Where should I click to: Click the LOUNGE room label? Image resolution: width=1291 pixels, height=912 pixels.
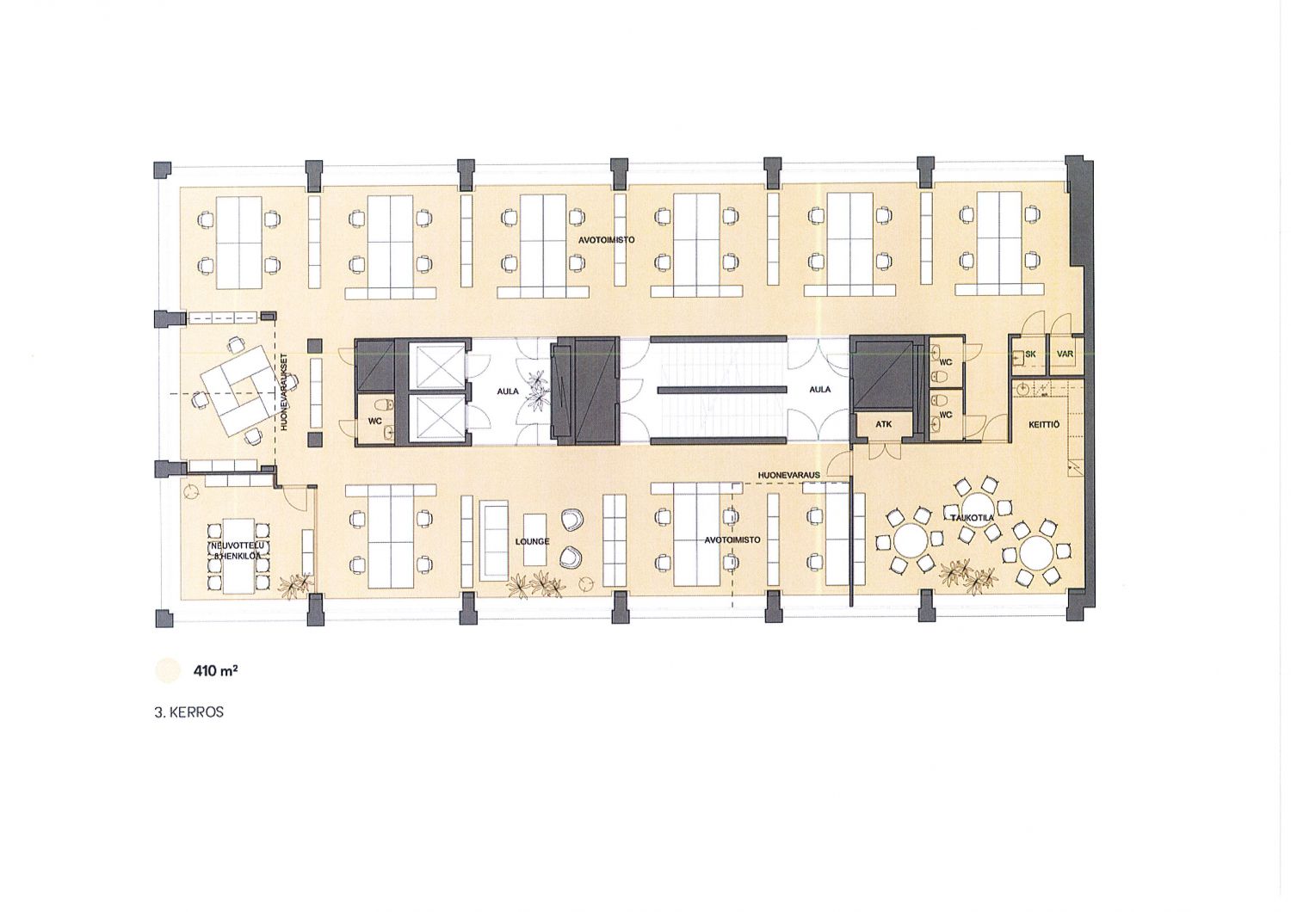pyautogui.click(x=533, y=541)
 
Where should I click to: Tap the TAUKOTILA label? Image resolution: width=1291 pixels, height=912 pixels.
pyautogui.click(x=973, y=518)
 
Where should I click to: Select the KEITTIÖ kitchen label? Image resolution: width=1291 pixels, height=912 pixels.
pyautogui.click(x=1044, y=425)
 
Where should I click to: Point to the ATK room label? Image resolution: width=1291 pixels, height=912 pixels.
pyautogui.click(x=884, y=424)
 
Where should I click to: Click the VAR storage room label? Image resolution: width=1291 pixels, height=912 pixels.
pyautogui.click(x=1066, y=354)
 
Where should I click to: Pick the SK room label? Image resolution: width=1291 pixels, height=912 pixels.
pyautogui.click(x=1030, y=354)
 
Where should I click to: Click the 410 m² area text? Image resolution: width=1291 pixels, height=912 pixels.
pyautogui.click(x=216, y=671)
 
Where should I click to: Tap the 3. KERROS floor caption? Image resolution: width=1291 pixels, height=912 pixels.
pyautogui.click(x=189, y=712)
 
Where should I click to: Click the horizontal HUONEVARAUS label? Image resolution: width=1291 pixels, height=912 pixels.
pyautogui.click(x=789, y=475)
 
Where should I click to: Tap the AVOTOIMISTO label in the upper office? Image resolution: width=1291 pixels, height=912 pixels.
pyautogui.click(x=607, y=240)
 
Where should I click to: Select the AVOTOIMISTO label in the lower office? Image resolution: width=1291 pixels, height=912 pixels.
pyautogui.click(x=732, y=539)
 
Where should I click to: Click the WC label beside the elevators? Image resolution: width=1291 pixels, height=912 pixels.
pyautogui.click(x=374, y=421)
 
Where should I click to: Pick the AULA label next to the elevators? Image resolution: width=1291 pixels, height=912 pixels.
pyautogui.click(x=508, y=391)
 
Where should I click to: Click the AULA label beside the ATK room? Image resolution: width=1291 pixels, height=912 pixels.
pyautogui.click(x=820, y=390)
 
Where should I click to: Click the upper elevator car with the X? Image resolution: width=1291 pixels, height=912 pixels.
pyautogui.click(x=436, y=365)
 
